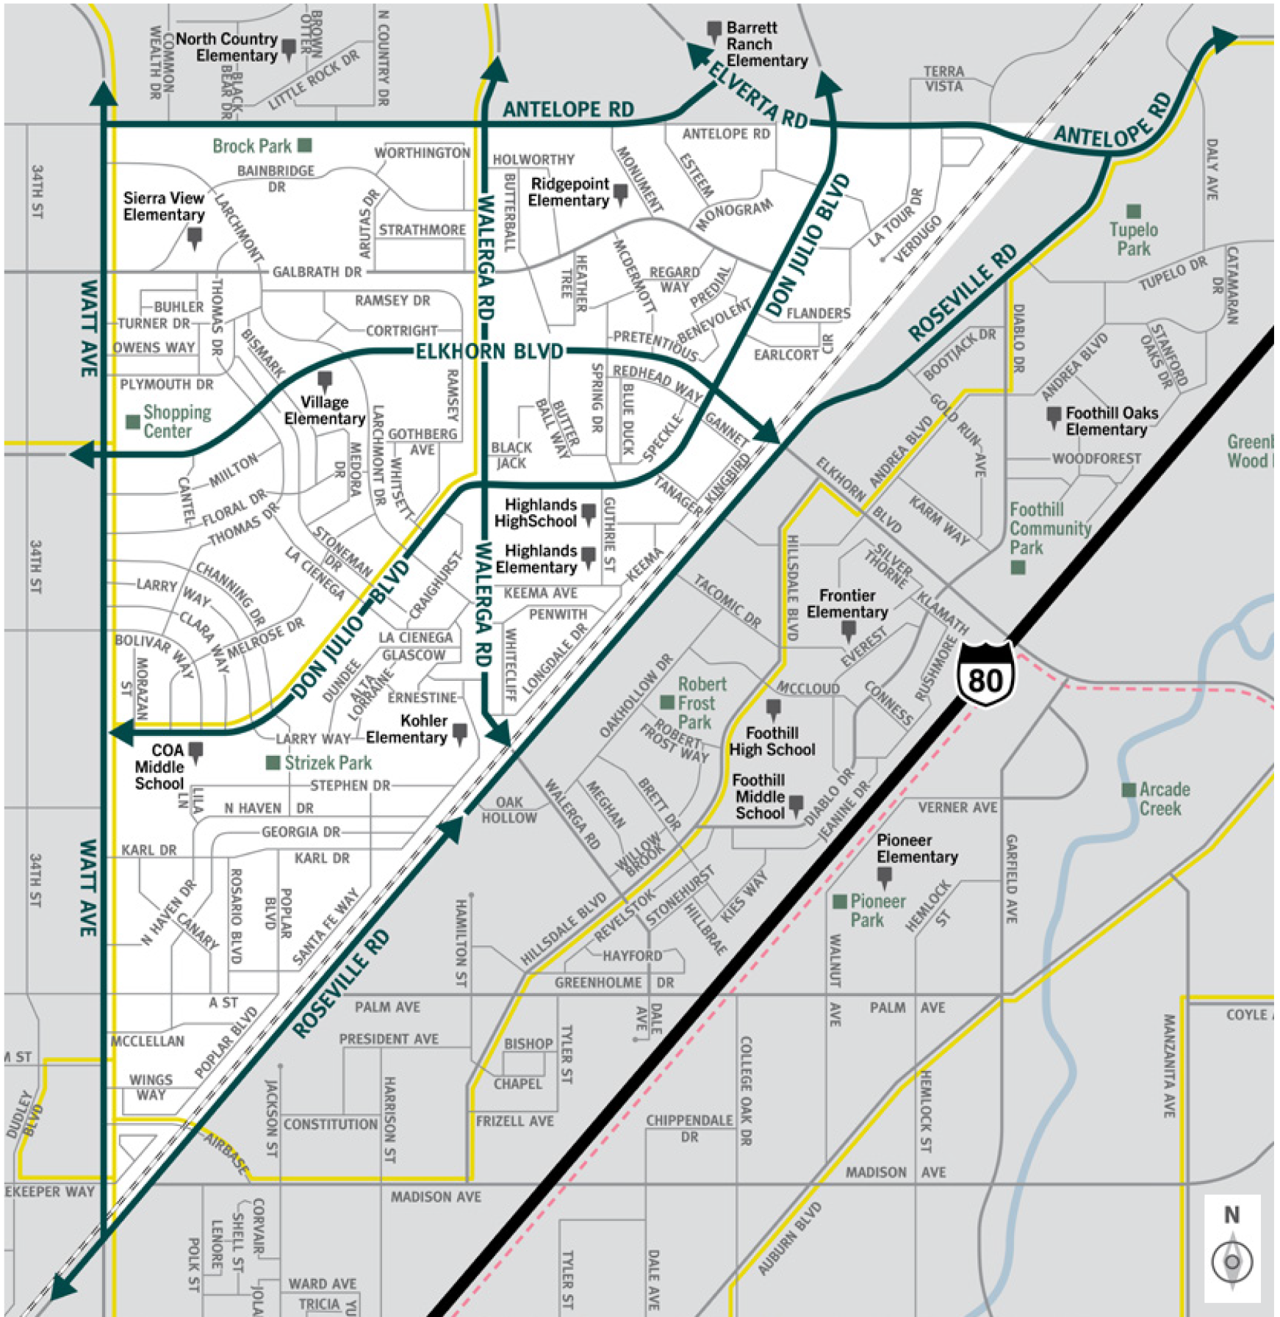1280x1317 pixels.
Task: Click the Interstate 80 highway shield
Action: pyautogui.click(x=985, y=674)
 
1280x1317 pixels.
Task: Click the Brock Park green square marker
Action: pyautogui.click(x=304, y=145)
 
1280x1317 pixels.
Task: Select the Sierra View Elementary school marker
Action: pyautogui.click(x=195, y=237)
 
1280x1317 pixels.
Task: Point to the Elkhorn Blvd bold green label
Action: pyautogui.click(x=489, y=351)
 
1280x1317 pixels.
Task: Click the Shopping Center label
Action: pyautogui.click(x=176, y=422)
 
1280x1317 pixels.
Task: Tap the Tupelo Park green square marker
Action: pyautogui.click(x=1134, y=212)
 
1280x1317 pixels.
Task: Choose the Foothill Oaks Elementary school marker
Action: pyautogui.click(x=1054, y=416)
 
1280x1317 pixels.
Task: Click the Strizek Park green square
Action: pyautogui.click(x=273, y=763)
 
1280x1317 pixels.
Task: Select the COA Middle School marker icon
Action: pyautogui.click(x=195, y=751)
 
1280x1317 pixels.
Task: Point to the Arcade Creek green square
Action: pyautogui.click(x=1129, y=790)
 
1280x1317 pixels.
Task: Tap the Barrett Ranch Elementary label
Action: pyautogui.click(x=766, y=44)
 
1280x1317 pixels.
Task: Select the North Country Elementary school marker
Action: pyautogui.click(x=289, y=48)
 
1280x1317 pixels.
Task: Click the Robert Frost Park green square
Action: pyautogui.click(x=667, y=702)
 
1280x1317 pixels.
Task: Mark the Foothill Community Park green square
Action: pyautogui.click(x=1018, y=567)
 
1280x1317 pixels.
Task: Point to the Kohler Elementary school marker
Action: pyautogui.click(x=460, y=732)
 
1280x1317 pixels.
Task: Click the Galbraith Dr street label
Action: pyautogui.click(x=317, y=272)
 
